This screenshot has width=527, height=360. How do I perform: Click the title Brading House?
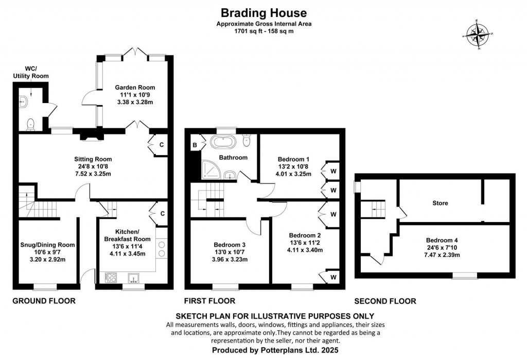click(263, 13)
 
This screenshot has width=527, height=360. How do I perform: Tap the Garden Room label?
click(135, 88)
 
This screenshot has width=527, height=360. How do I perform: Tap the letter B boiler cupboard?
click(195, 145)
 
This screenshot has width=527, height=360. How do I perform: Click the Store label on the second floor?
click(440, 203)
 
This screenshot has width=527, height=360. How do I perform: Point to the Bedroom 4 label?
click(442, 240)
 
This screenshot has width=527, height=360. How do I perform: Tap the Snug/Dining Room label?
click(48, 245)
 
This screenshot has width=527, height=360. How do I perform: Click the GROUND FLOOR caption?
click(44, 301)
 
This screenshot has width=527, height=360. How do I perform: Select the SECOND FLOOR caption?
click(385, 301)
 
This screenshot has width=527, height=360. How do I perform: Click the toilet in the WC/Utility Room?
click(31, 123)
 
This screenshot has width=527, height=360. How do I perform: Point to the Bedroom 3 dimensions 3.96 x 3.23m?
click(226, 260)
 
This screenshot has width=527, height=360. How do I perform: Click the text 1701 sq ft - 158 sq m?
click(263, 31)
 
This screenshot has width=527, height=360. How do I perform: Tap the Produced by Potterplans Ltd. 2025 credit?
click(263, 350)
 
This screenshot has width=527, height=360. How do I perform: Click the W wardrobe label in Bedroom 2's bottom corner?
click(333, 278)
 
